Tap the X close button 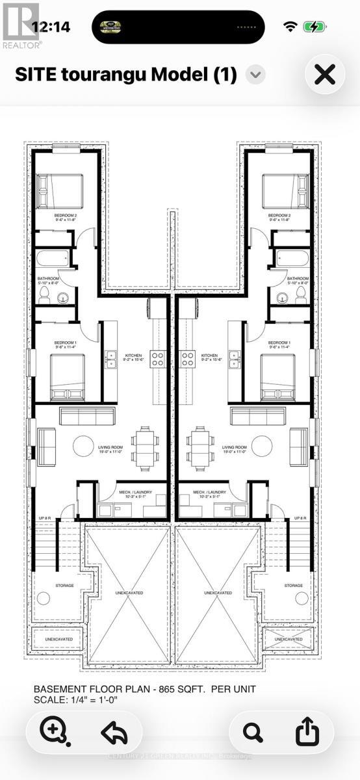[x=325, y=75]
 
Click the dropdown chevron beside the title [x=256, y=75]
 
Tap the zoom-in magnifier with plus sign [x=52, y=732]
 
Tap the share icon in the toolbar [x=307, y=732]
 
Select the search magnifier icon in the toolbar [x=253, y=732]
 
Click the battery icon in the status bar [x=316, y=27]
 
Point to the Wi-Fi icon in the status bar [x=290, y=27]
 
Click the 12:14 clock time [x=51, y=27]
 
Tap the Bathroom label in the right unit [x=298, y=278]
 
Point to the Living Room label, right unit [x=234, y=448]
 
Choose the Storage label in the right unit [x=294, y=586]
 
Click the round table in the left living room [x=83, y=446]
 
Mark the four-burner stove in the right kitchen [x=188, y=356]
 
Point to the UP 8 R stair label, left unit [x=44, y=518]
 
